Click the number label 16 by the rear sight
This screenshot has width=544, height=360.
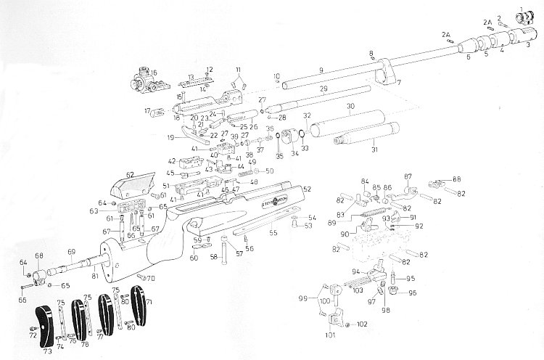[x=153, y=73]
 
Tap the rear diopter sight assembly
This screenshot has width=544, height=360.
[x=139, y=81]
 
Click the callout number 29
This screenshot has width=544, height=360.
[x=323, y=89]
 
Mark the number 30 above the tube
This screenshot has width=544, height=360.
[x=350, y=106]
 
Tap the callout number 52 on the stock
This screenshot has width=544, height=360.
[x=307, y=189]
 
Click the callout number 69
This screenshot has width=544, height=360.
[x=71, y=251]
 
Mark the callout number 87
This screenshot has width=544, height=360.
[x=408, y=177]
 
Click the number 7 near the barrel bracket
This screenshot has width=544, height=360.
[x=397, y=84]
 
